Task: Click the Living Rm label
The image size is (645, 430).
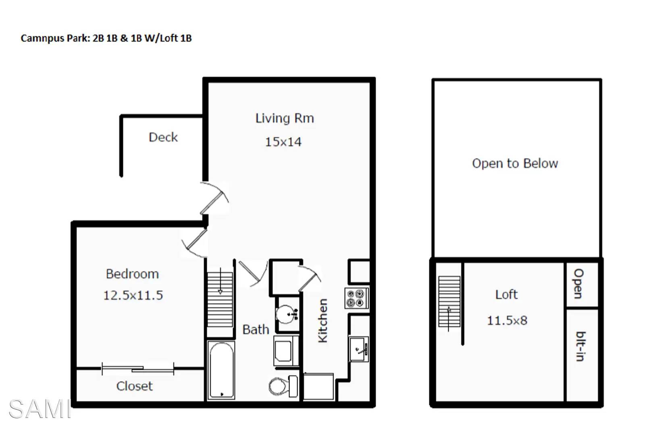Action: (x=285, y=118)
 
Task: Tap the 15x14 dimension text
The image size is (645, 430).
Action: (x=283, y=142)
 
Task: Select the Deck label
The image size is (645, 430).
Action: (x=163, y=137)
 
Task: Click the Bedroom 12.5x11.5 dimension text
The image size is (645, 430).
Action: (x=133, y=295)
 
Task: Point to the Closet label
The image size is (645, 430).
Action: (x=135, y=386)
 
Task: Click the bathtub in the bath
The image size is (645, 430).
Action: (x=221, y=370)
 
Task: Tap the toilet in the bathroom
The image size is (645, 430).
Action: (x=283, y=386)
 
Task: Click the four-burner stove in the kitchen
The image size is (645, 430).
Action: (x=356, y=298)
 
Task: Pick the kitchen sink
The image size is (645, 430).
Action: (x=359, y=349)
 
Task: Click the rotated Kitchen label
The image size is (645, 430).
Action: (x=322, y=320)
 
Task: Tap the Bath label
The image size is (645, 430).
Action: (x=256, y=330)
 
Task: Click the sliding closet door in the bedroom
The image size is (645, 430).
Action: (x=138, y=369)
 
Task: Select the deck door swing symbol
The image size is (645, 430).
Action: (x=214, y=198)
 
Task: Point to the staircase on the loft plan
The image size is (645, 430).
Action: (x=449, y=301)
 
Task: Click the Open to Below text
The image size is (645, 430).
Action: (x=515, y=163)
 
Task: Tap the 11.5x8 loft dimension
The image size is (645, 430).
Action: (x=507, y=320)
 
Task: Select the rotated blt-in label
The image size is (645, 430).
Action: (x=580, y=347)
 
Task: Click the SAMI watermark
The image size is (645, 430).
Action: (x=40, y=409)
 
